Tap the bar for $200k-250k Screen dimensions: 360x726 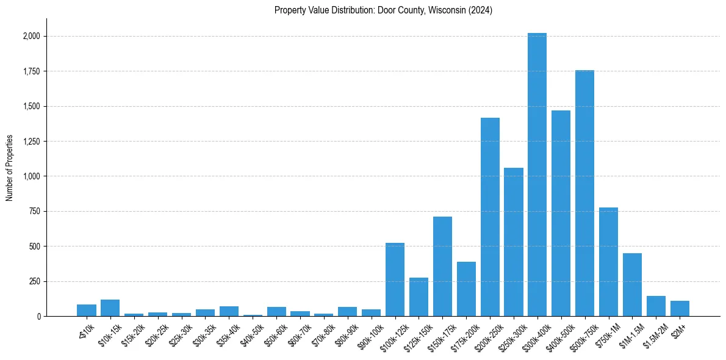pyautogui.click(x=490, y=217)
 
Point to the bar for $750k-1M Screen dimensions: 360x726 pyautogui.click(x=608, y=262)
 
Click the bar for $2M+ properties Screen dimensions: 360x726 pyautogui.click(x=680, y=308)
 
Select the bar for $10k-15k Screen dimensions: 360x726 pyautogui.click(x=110, y=308)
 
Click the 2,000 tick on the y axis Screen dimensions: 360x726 pyautogui.click(x=32, y=36)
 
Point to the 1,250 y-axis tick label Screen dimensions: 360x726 pyautogui.click(x=32, y=142)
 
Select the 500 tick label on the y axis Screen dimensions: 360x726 pyautogui.click(x=35, y=247)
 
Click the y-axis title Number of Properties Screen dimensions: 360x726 pyautogui.click(x=10, y=167)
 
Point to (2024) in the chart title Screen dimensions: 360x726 pyautogui.click(x=480, y=10)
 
